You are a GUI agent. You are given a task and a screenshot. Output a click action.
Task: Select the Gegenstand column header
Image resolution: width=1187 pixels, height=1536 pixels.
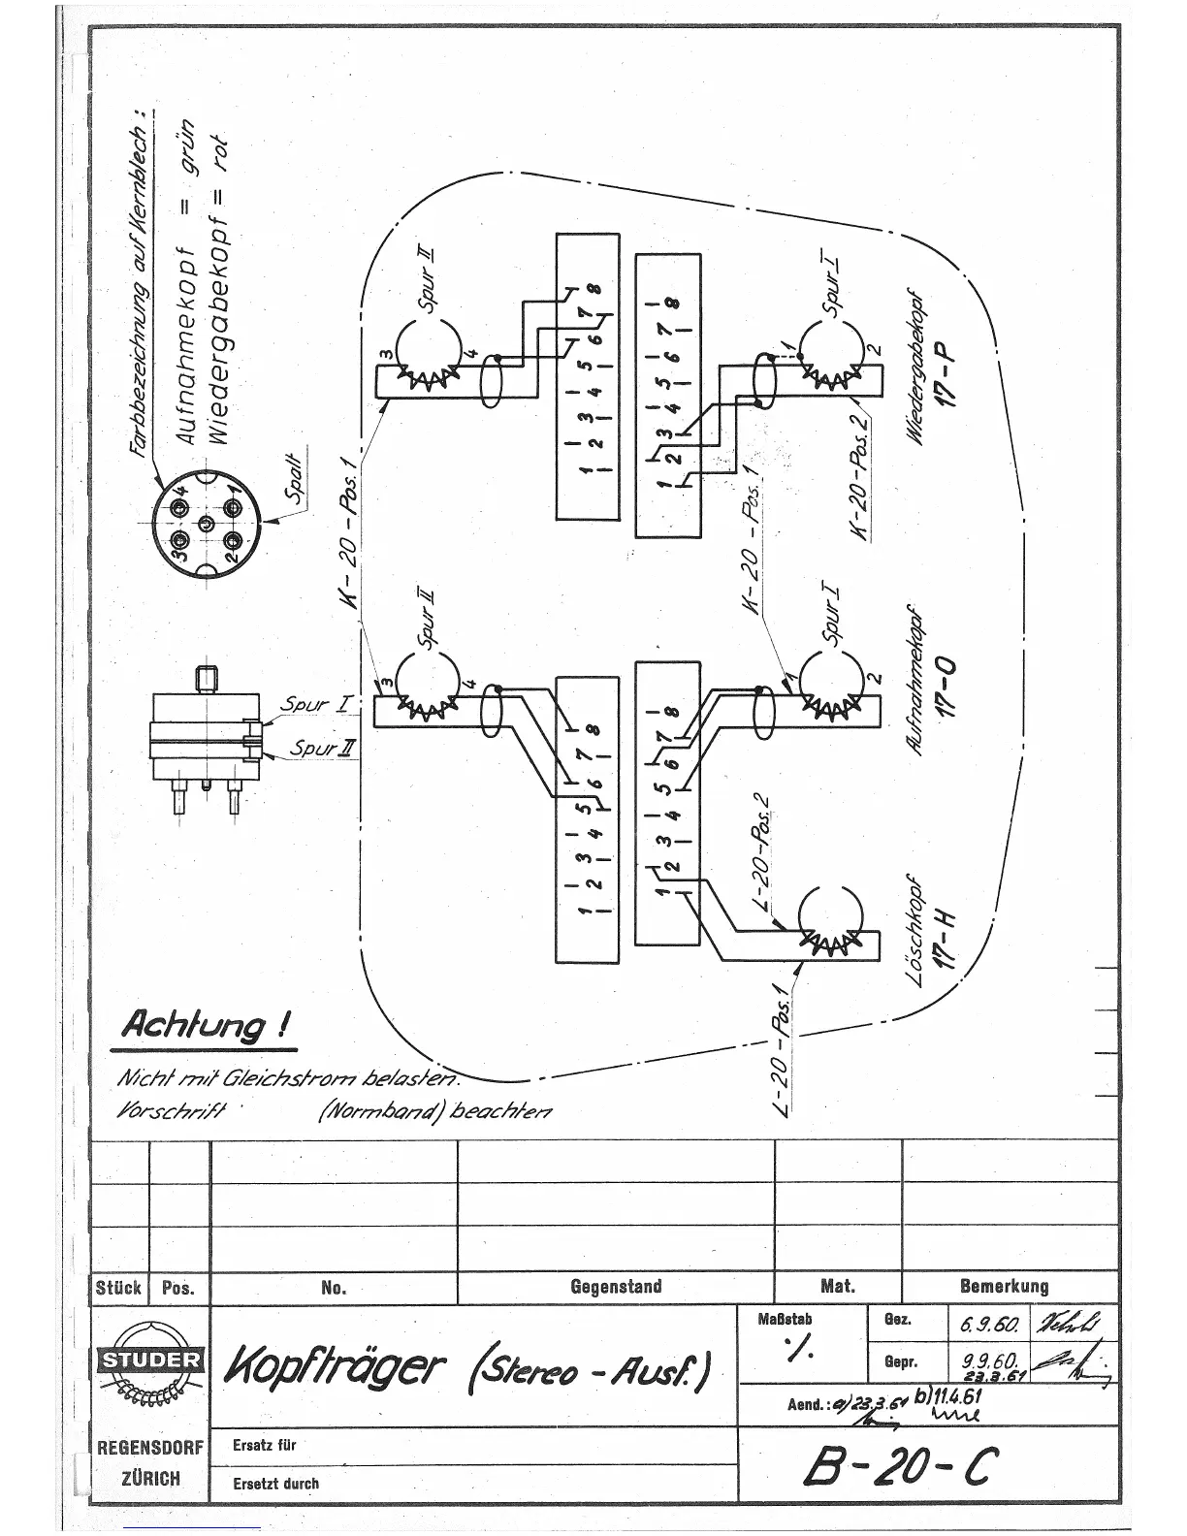point(616,1287)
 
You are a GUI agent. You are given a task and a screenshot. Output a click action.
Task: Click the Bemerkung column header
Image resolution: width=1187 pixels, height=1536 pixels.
point(1004,1287)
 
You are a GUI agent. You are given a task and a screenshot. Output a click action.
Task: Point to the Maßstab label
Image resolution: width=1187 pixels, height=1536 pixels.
point(785,1319)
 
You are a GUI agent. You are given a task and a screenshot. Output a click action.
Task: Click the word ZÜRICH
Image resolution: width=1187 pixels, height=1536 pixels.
point(149,1478)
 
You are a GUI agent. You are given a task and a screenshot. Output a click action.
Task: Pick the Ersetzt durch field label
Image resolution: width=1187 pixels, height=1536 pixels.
point(275,1484)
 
